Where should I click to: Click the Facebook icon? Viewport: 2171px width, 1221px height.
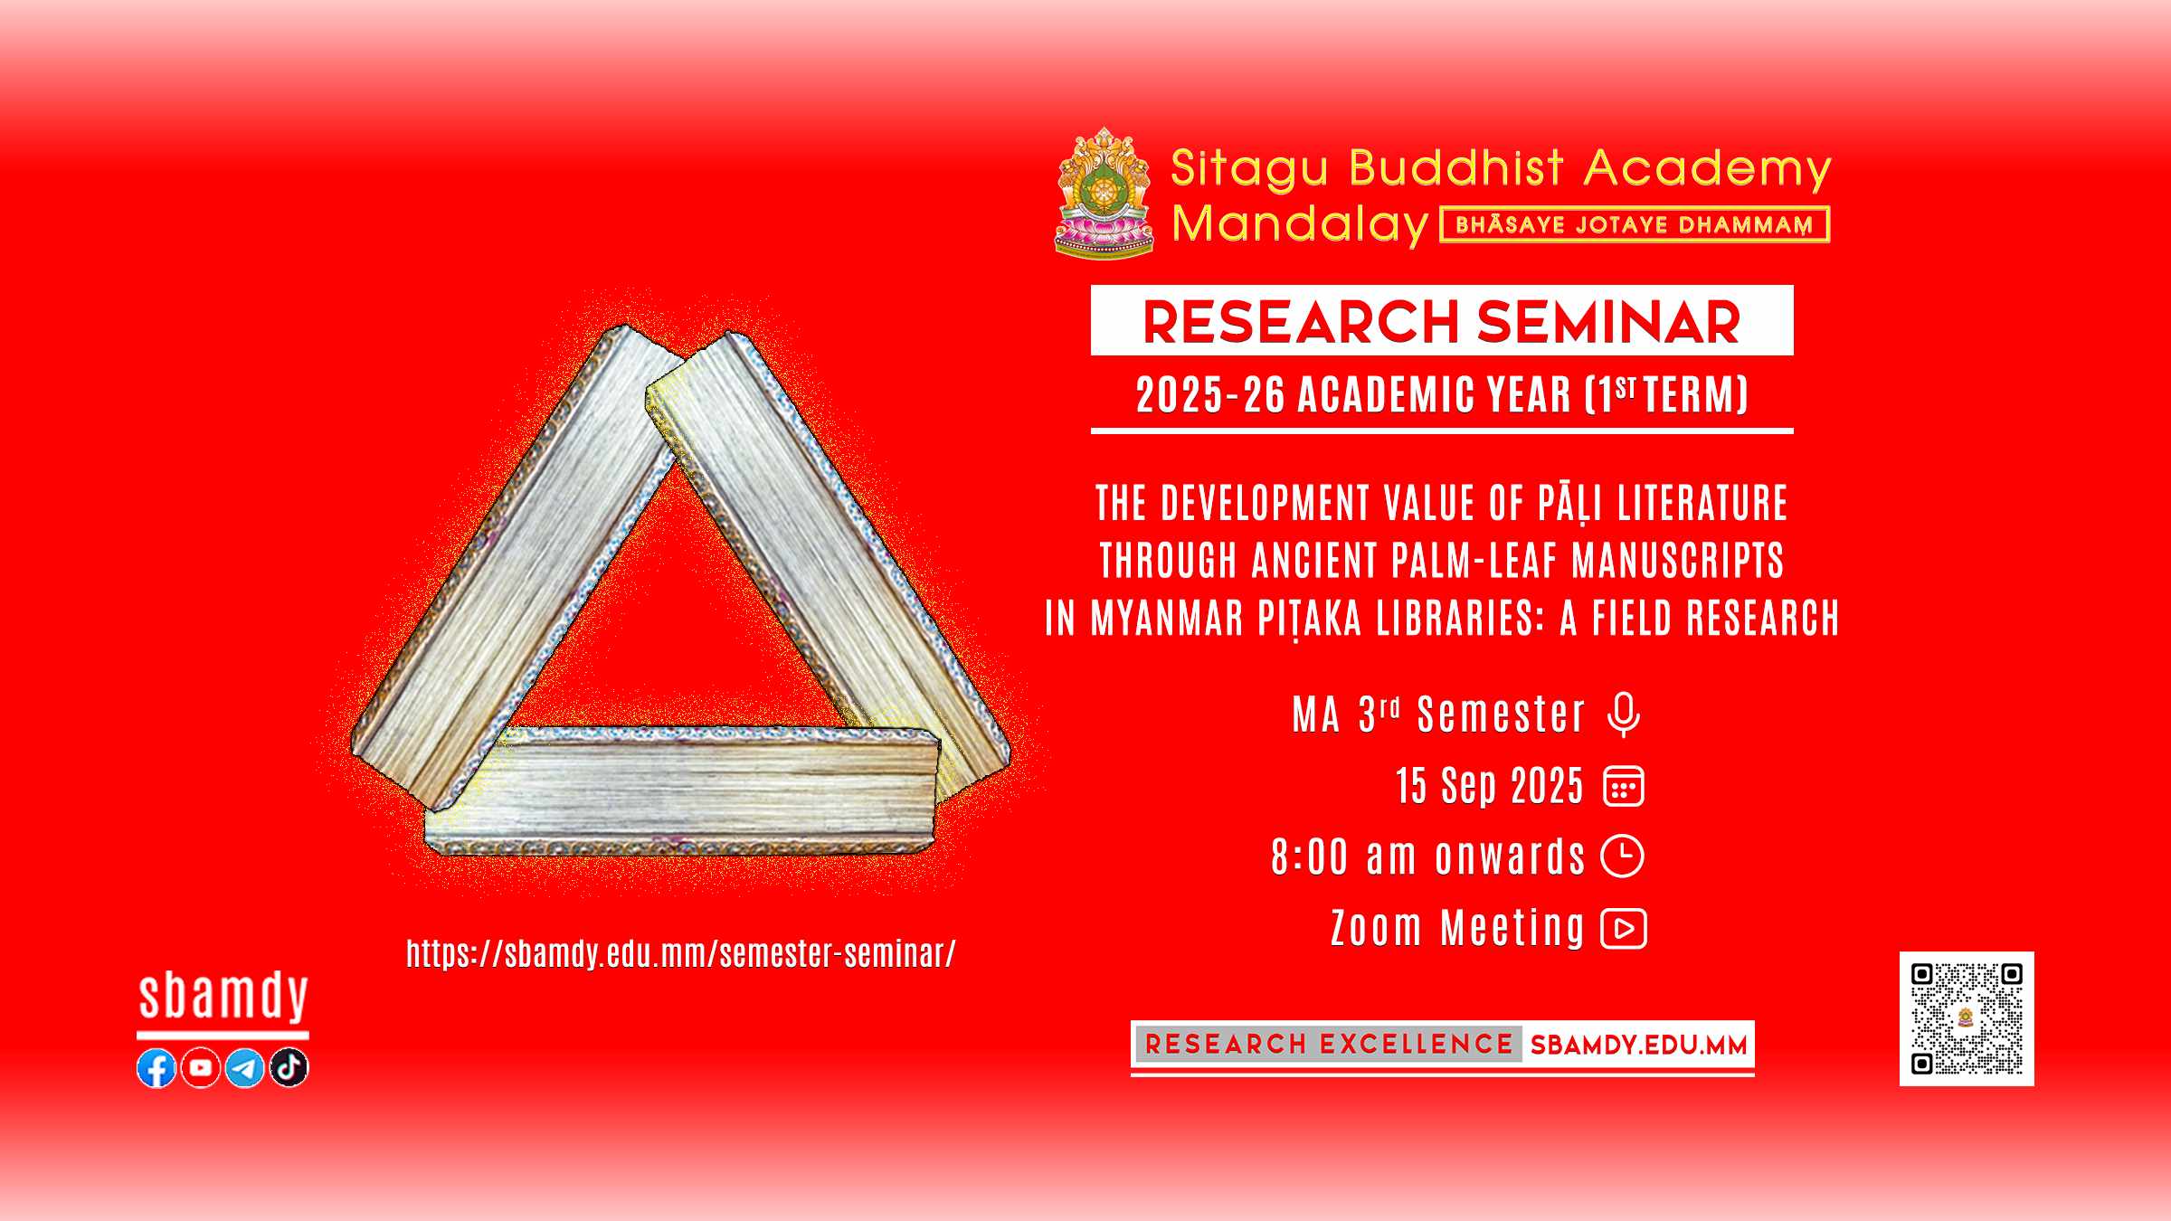pyautogui.click(x=156, y=1068)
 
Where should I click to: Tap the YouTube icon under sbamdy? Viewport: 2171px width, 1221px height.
pyautogui.click(x=200, y=1068)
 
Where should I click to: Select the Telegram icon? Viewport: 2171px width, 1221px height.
pyautogui.click(x=244, y=1068)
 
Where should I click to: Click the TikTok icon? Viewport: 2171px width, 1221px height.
pyautogui.click(x=289, y=1068)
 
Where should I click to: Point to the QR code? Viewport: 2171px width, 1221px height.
pyautogui.click(x=1967, y=1018)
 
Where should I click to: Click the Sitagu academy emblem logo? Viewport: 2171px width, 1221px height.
pyautogui.click(x=1104, y=192)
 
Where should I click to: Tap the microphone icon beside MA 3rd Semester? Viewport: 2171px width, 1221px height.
pyautogui.click(x=1624, y=715)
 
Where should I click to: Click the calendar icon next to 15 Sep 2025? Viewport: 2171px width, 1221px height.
pyautogui.click(x=1624, y=786)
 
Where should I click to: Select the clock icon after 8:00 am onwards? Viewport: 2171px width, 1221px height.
pyautogui.click(x=1623, y=857)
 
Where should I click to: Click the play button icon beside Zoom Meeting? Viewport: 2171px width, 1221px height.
pyautogui.click(x=1624, y=929)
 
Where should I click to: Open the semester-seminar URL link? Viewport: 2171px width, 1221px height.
pyautogui.click(x=680, y=953)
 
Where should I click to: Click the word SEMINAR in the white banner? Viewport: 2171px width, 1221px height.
pyautogui.click(x=1608, y=322)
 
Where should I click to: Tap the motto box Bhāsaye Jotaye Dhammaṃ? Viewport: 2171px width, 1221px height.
pyautogui.click(x=1635, y=224)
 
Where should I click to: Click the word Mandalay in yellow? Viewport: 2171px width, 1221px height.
pyautogui.click(x=1300, y=223)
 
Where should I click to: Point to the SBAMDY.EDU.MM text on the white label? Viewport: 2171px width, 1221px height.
pyautogui.click(x=1638, y=1046)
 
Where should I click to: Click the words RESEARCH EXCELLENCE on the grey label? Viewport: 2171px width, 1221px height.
pyautogui.click(x=1329, y=1045)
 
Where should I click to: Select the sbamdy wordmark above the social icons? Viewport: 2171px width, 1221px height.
pyautogui.click(x=223, y=997)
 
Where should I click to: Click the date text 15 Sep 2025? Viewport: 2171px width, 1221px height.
pyautogui.click(x=1490, y=786)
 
